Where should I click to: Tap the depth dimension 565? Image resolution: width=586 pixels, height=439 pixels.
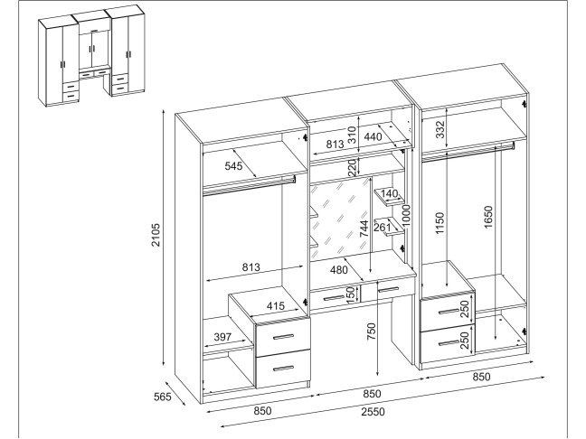click(161, 395)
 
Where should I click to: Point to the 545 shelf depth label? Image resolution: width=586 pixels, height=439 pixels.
click(234, 166)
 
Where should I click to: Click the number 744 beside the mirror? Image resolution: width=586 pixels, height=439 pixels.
click(363, 230)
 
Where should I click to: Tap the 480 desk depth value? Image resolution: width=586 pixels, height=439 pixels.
click(338, 268)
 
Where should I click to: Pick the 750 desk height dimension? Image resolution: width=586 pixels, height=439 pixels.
click(371, 332)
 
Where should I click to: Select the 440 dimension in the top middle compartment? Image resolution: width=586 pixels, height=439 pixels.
click(373, 137)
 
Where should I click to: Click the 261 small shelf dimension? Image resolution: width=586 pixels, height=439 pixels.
click(383, 226)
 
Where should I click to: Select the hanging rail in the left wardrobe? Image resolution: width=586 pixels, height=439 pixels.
click(249, 184)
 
